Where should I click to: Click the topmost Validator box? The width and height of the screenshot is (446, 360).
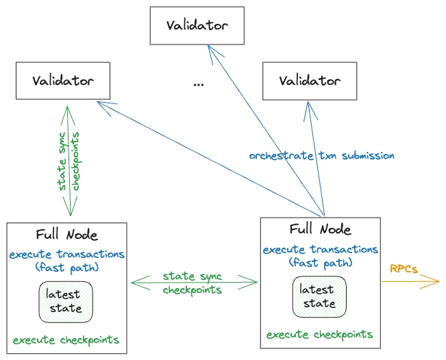click(197, 25)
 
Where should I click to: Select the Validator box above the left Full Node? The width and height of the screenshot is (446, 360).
click(63, 81)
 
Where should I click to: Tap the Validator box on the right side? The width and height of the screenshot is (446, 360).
click(310, 81)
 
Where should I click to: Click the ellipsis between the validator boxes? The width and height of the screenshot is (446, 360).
click(198, 84)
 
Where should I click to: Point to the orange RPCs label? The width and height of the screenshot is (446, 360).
click(404, 269)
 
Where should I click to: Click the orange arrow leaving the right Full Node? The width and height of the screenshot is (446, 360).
click(411, 281)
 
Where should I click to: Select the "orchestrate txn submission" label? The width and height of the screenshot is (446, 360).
click(322, 156)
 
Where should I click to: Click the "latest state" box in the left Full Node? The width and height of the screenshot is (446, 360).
click(66, 302)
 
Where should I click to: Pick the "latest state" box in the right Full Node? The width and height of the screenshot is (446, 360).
click(319, 296)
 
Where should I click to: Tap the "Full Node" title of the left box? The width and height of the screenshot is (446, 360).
click(67, 235)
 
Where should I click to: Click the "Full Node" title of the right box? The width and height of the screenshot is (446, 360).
click(320, 229)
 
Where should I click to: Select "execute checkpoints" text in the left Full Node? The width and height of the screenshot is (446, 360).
click(66, 340)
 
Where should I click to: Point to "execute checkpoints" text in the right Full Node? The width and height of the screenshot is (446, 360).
click(319, 335)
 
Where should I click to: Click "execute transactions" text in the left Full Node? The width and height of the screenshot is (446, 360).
click(67, 254)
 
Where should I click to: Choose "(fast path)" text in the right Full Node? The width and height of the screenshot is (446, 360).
click(321, 263)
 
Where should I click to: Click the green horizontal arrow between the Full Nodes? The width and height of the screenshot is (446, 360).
click(194, 283)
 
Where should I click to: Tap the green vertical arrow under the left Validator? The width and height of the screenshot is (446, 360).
click(68, 161)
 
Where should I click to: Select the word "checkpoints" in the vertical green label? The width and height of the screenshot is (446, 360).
click(75, 161)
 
